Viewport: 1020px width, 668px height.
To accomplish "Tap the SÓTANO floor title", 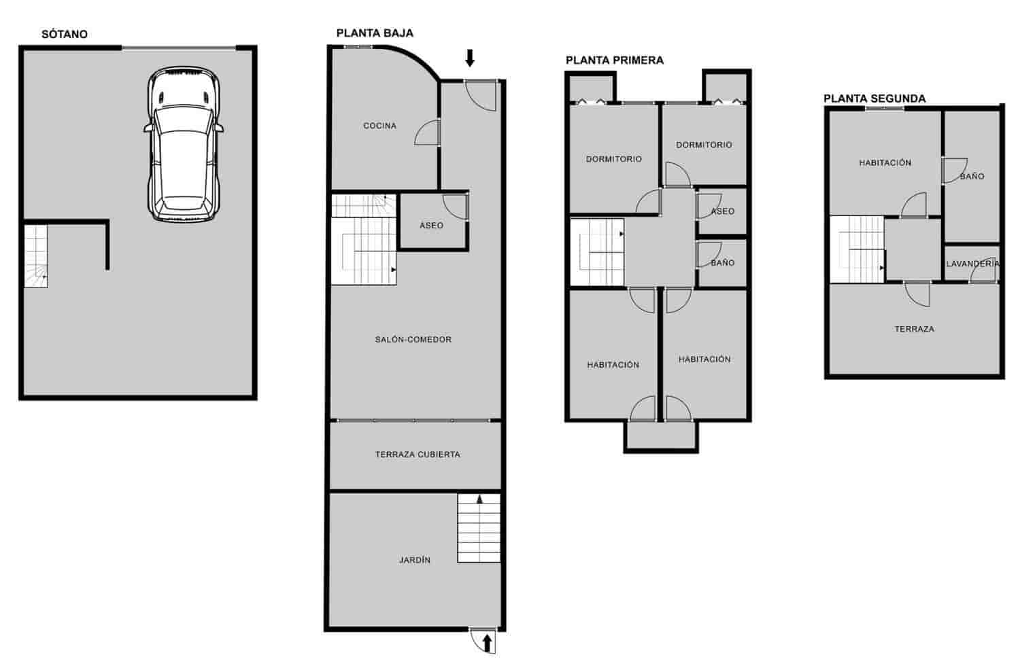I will tap(65, 34).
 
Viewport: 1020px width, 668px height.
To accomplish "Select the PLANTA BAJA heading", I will tap(375, 33).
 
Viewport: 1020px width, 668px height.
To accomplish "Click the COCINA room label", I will tap(379, 126).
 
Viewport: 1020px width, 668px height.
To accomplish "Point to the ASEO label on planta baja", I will tap(431, 226).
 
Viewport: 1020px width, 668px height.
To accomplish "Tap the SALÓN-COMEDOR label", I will tap(413, 340).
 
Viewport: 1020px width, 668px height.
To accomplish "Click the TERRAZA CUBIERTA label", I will tap(418, 455).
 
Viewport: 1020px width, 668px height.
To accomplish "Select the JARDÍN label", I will tap(415, 561).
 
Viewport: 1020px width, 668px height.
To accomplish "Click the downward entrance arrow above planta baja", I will tap(469, 58).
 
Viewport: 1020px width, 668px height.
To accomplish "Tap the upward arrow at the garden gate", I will tap(487, 643).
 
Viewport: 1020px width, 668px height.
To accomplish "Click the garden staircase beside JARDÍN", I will tap(479, 528).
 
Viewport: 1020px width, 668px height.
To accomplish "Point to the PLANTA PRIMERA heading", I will tap(615, 60).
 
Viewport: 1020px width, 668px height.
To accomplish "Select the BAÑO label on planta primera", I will tap(722, 263).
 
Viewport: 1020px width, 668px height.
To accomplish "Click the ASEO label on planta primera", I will tap(723, 212).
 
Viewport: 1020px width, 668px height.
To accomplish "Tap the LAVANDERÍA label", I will tap(972, 264).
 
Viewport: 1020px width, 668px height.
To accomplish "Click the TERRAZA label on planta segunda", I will tap(914, 329).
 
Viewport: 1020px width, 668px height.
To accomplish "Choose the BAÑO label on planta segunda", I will tap(972, 177).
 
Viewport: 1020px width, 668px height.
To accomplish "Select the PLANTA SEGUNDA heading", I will tap(874, 99).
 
